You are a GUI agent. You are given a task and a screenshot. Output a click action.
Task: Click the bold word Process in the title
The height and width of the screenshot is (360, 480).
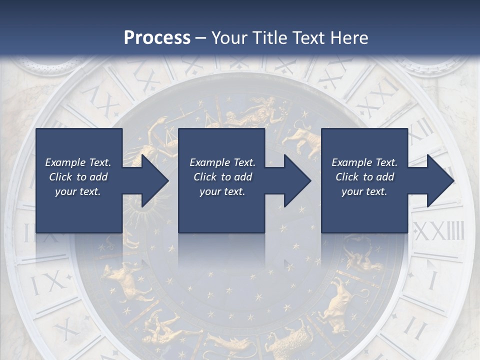click(157, 37)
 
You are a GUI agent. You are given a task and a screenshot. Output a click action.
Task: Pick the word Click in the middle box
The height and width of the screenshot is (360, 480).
click(205, 177)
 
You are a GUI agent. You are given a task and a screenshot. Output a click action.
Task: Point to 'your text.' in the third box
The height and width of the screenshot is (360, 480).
click(364, 191)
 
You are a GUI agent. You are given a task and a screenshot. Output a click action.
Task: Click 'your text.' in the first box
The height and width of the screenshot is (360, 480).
click(78, 191)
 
